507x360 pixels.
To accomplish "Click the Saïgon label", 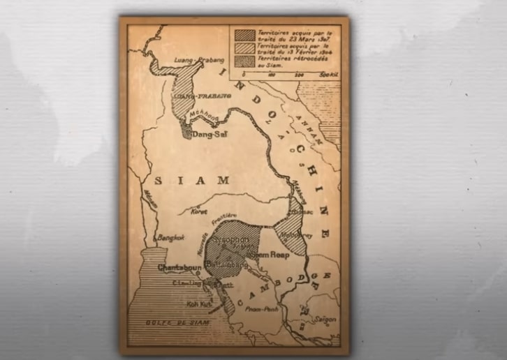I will tap(324, 320).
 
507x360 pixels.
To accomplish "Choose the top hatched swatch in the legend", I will tap(245, 34).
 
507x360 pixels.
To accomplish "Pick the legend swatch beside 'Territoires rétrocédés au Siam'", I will tap(245, 60).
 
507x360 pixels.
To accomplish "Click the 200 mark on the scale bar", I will tap(299, 73).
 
